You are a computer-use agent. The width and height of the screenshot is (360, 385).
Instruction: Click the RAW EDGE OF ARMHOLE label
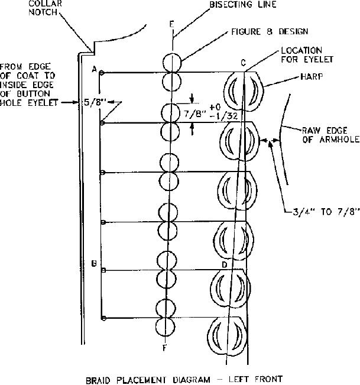321,135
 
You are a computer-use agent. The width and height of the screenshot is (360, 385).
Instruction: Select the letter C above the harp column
244,63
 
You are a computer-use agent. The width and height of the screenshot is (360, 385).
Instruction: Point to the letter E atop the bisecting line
171,25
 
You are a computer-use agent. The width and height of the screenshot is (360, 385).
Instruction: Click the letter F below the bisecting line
164,348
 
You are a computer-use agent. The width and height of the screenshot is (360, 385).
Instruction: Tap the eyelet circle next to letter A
102,73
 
